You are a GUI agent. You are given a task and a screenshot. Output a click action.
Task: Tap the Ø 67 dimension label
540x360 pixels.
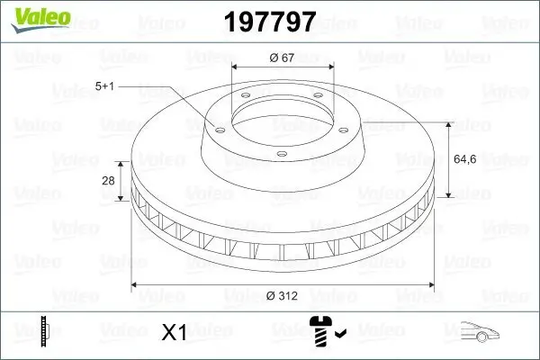click(283, 58)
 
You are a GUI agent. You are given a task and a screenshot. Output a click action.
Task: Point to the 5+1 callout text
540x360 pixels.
click(104, 87)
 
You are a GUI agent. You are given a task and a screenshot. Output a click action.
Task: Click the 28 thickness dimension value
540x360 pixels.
click(108, 181)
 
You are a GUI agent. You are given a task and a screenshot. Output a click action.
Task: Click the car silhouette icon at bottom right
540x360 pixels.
click(478, 331)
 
